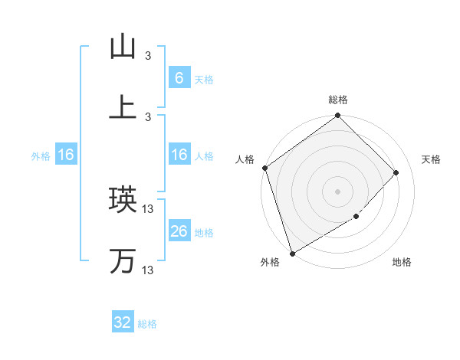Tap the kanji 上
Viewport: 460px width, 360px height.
[123, 106]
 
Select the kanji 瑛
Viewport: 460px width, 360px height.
[123, 200]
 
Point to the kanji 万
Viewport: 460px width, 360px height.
[123, 260]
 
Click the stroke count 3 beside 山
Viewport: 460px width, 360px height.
[149, 56]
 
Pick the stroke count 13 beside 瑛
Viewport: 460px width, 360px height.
[149, 209]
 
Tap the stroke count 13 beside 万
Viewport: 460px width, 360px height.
[149, 270]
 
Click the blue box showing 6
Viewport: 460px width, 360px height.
[179, 77]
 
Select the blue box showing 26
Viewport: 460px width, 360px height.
[179, 231]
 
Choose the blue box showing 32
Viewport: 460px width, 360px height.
[123, 322]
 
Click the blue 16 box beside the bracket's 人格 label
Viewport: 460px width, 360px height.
[179, 155]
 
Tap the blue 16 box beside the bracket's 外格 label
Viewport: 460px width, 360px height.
[66, 155]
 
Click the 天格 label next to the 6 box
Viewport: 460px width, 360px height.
[204, 79]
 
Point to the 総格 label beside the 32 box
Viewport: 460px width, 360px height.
[147, 324]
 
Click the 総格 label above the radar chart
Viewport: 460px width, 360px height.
[338, 100]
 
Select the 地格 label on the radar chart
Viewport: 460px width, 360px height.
[402, 263]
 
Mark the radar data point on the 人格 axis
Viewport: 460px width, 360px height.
[264, 168]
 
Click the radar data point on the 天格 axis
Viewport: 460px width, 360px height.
[396, 172]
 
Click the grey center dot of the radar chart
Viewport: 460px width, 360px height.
[337, 191]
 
